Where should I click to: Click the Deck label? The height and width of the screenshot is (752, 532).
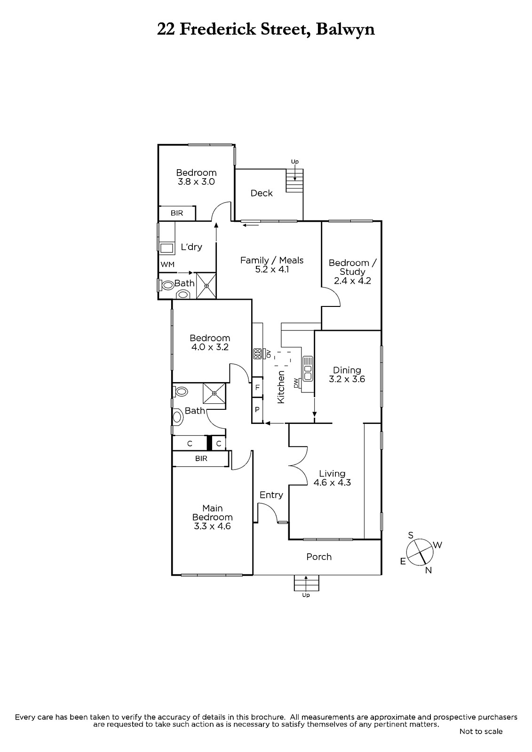(x=262, y=193)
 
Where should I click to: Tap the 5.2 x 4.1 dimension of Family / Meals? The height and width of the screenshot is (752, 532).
(x=272, y=269)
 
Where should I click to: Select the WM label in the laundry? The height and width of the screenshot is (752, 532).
(x=167, y=264)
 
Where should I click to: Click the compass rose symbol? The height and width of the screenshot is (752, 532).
(x=419, y=552)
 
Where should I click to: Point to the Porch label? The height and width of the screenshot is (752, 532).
(x=318, y=556)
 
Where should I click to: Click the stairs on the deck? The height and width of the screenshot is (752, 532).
(x=294, y=180)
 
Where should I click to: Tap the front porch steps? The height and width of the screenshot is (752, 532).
(x=306, y=583)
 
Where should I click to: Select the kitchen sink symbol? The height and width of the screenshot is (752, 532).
(x=308, y=368)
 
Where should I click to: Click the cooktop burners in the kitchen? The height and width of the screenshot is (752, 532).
(x=257, y=354)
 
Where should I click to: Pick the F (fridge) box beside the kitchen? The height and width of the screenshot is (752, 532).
(x=257, y=387)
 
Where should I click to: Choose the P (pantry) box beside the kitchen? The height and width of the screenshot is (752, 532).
(x=257, y=409)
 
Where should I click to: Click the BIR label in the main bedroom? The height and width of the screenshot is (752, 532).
(x=201, y=458)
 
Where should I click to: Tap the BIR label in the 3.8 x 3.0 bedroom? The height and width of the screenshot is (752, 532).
(x=177, y=213)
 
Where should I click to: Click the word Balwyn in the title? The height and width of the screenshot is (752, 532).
(x=345, y=30)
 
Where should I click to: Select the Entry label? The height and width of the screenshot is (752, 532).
(x=271, y=495)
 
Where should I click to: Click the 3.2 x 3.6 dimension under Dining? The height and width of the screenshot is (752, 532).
(x=347, y=379)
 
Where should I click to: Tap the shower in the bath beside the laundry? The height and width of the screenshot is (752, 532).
(x=206, y=286)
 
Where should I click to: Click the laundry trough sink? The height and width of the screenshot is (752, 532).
(x=167, y=249)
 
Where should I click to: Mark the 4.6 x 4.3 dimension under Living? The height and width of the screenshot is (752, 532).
(x=332, y=482)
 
